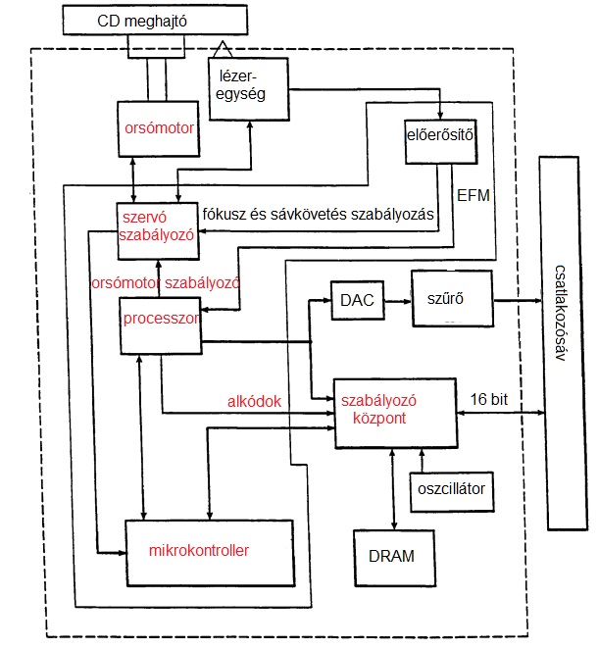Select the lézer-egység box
248,87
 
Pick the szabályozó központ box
396,411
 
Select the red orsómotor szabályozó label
178,282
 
